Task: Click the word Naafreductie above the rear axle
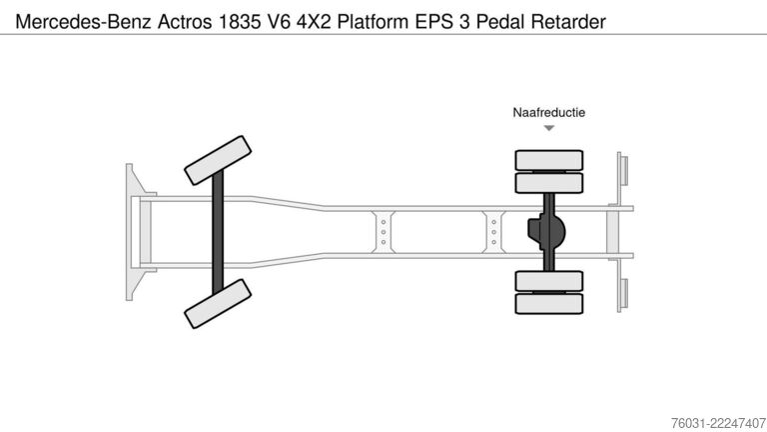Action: (x=549, y=113)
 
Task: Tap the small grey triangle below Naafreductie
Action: (x=549, y=128)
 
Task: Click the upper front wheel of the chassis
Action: (x=218, y=161)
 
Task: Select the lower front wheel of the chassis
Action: (x=218, y=304)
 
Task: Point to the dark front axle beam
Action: (x=218, y=232)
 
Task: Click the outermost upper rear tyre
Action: (x=549, y=160)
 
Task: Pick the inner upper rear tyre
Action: (x=549, y=183)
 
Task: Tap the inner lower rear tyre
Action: (x=549, y=281)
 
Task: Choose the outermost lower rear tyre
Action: (x=549, y=304)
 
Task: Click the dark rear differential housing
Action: (x=547, y=232)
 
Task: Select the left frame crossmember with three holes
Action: (x=383, y=232)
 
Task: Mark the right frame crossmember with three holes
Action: (x=493, y=232)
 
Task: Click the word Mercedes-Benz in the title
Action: (x=83, y=22)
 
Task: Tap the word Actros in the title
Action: (x=185, y=22)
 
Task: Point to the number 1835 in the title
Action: (x=240, y=22)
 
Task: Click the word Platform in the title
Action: (x=374, y=22)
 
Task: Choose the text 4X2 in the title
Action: (x=314, y=22)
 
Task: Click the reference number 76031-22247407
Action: (x=719, y=423)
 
